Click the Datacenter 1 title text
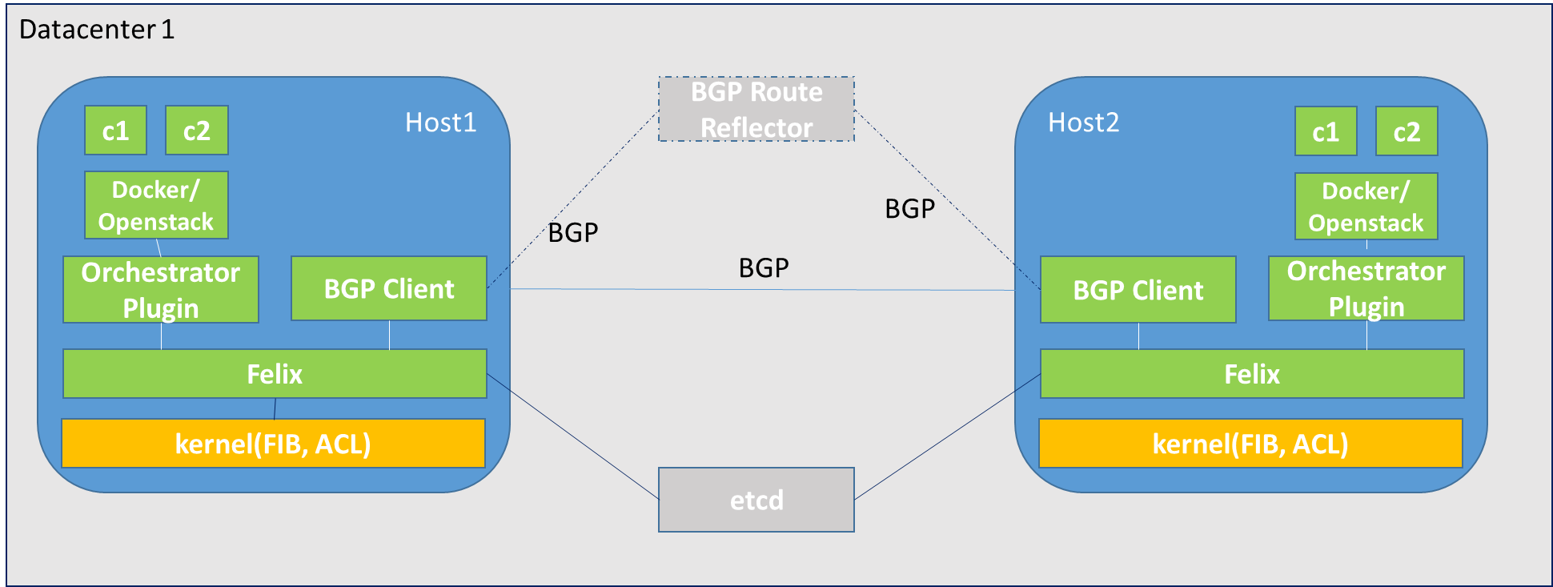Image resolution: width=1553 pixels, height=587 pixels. click(x=97, y=30)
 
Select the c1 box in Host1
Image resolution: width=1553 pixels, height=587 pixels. click(x=116, y=131)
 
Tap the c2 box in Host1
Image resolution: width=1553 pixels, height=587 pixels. click(x=197, y=131)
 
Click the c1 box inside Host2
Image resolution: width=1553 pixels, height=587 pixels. click(x=1326, y=131)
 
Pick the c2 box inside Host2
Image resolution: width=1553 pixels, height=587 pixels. click(x=1407, y=131)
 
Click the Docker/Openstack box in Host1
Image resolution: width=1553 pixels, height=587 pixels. click(x=156, y=205)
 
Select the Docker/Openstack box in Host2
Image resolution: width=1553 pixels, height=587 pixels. click(x=1366, y=207)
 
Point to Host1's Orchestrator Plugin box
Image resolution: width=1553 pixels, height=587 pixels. click(x=161, y=289)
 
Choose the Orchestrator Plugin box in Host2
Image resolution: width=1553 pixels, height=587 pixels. click(x=1366, y=288)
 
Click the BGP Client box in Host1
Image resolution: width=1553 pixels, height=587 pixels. click(x=389, y=288)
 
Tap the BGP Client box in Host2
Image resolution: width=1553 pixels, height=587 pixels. click(x=1138, y=290)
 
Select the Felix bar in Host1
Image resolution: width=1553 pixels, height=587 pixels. click(x=275, y=374)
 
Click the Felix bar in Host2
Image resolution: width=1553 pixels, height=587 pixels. click(x=1251, y=374)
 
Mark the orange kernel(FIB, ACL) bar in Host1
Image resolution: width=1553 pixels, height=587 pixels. click(x=273, y=444)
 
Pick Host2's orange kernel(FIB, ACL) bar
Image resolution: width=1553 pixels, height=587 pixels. click(x=1250, y=444)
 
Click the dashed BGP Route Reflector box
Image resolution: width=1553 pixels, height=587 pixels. click(x=756, y=110)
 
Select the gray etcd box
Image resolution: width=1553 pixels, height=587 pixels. click(x=756, y=500)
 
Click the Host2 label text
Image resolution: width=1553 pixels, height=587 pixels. click(x=1083, y=123)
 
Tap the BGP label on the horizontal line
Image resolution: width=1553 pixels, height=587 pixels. click(x=764, y=267)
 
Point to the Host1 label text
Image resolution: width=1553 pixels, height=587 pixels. click(x=440, y=123)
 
